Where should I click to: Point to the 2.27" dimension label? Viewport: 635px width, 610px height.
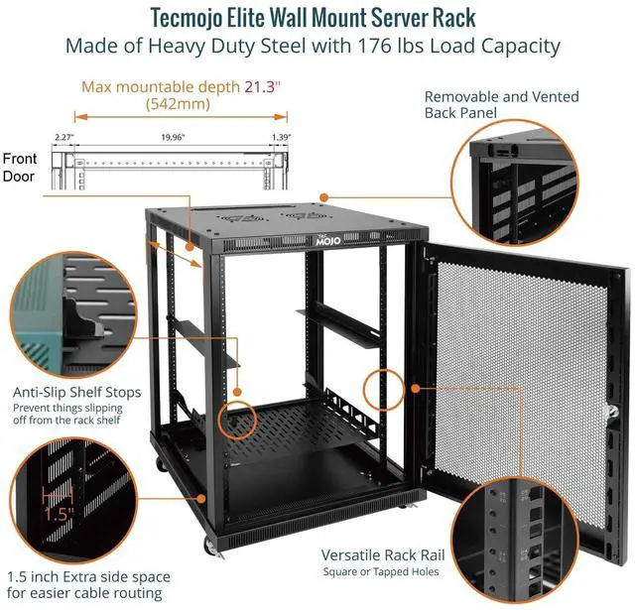pyautogui.click(x=64, y=139)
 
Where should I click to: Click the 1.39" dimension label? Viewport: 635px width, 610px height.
pyautogui.click(x=282, y=139)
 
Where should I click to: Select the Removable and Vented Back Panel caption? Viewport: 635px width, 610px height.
pyautogui.click(x=500, y=105)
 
